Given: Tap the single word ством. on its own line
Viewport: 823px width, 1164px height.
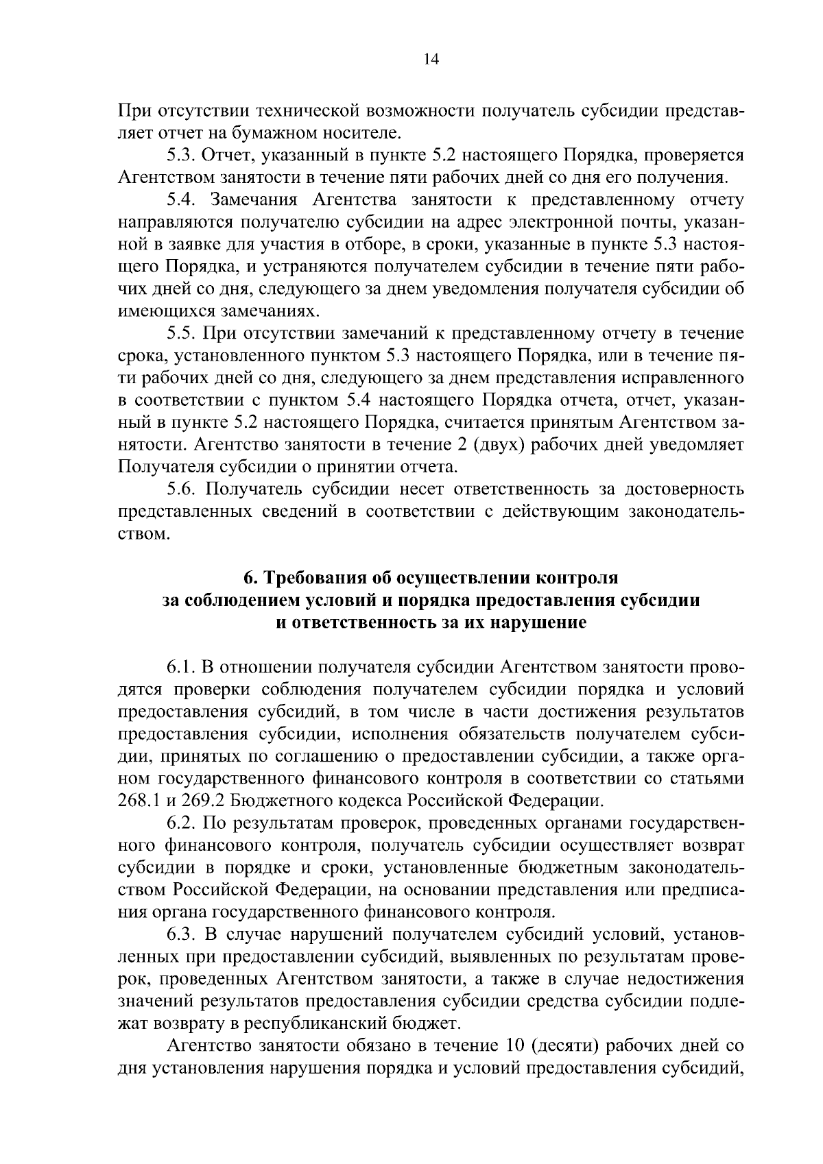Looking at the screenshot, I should click(x=143, y=534).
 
